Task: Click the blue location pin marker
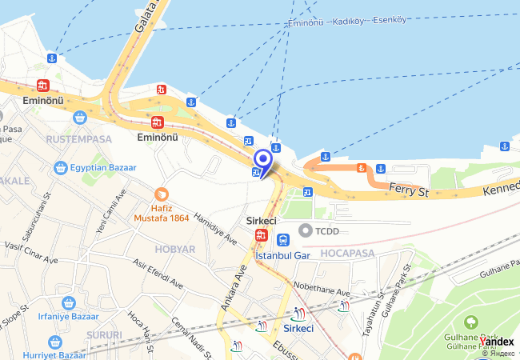[262, 159]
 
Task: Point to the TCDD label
[327, 230]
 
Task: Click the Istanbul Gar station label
[282, 255]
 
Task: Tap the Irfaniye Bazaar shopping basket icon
[69, 304]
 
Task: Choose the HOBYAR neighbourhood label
[175, 249]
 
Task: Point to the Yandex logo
[497, 342]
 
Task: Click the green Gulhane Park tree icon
[471, 323]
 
